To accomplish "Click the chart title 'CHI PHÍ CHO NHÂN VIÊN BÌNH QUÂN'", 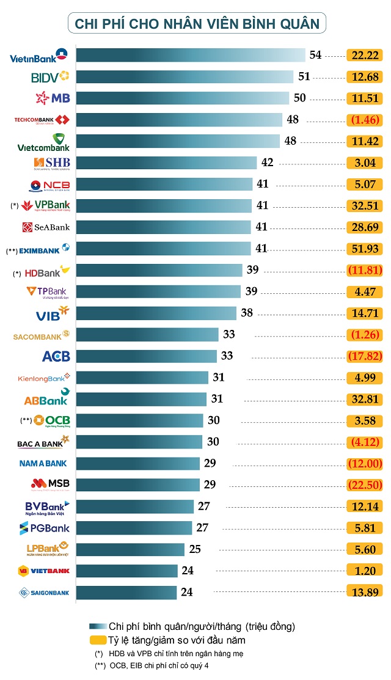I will click(x=197, y=24).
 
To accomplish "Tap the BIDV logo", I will click(x=49, y=77).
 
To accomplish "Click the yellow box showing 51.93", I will click(x=364, y=249).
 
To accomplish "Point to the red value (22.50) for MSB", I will click(x=364, y=484).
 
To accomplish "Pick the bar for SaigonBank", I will click(x=126, y=592).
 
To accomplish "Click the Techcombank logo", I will click(x=42, y=120).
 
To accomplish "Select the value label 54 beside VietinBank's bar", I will click(x=315, y=55).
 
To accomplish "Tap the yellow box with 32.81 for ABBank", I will click(x=364, y=400).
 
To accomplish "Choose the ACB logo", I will click(x=56, y=356).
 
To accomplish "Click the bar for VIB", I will click(x=156, y=313).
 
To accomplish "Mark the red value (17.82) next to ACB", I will click(x=364, y=356).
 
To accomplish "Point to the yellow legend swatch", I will click(x=97, y=640).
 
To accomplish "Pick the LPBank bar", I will click(x=130, y=549).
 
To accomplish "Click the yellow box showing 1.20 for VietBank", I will click(x=364, y=571).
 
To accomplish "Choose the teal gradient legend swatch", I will click(x=97, y=627).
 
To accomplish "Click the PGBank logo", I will click(x=48, y=528).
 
